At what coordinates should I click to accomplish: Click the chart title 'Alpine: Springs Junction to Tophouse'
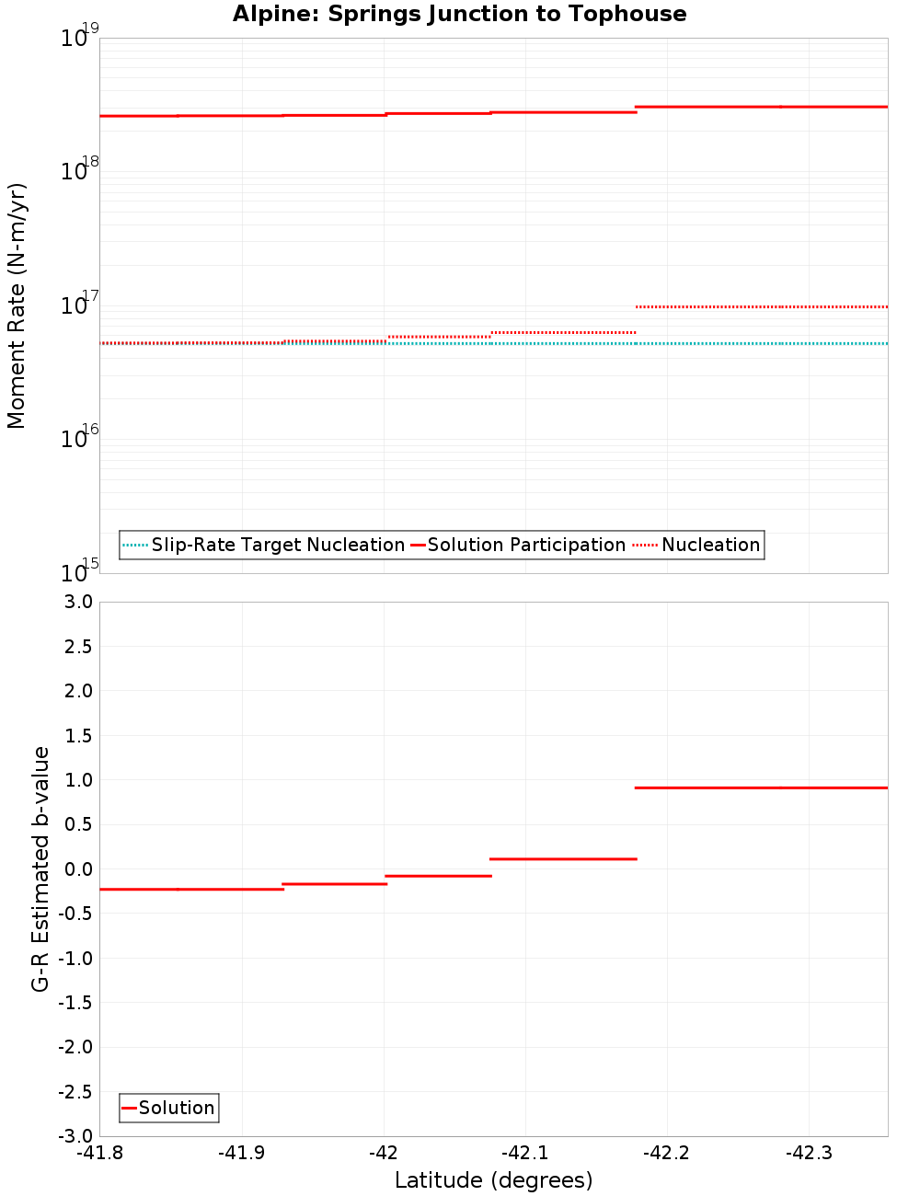459,14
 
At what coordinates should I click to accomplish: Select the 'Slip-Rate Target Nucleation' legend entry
278,546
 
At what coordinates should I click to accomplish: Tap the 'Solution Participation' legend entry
526,546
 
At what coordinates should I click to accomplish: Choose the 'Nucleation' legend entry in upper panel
710,546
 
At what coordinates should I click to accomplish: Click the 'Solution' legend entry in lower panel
177,1109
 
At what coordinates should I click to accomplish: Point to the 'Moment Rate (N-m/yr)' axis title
17,305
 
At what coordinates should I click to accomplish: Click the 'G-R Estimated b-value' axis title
40,868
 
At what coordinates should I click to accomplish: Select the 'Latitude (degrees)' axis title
493,1180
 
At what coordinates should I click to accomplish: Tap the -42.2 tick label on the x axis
665,1154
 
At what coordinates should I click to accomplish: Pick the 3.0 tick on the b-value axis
75,603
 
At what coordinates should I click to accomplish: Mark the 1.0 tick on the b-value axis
75,780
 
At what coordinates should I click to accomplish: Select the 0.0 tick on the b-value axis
75,869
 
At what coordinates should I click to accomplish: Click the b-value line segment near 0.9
762,788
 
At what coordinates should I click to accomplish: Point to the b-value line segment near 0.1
563,858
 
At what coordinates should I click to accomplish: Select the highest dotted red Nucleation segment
762,306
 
